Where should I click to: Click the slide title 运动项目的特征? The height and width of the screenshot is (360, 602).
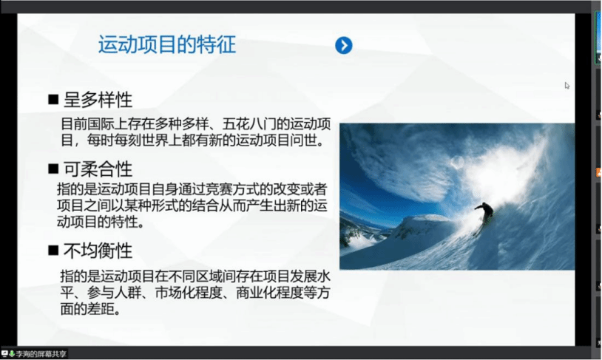[167, 44]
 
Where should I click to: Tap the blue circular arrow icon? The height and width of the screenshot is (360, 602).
[344, 45]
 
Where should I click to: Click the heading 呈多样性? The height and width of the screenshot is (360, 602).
[98, 100]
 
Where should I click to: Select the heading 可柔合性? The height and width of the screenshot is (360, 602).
[98, 169]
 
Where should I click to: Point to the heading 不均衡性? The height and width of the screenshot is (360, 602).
[98, 251]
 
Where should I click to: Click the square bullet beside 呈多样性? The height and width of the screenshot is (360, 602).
[53, 100]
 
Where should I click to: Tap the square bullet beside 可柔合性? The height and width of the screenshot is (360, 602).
[53, 169]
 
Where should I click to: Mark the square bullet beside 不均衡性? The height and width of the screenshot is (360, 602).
[53, 251]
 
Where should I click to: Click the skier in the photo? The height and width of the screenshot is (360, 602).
[484, 217]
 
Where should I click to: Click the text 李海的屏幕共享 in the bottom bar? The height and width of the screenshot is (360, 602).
[41, 354]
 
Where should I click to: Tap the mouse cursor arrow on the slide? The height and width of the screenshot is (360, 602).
[567, 86]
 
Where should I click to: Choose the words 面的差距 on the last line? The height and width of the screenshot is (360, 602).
[87, 309]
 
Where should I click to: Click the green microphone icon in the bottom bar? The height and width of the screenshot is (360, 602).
[12, 353]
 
